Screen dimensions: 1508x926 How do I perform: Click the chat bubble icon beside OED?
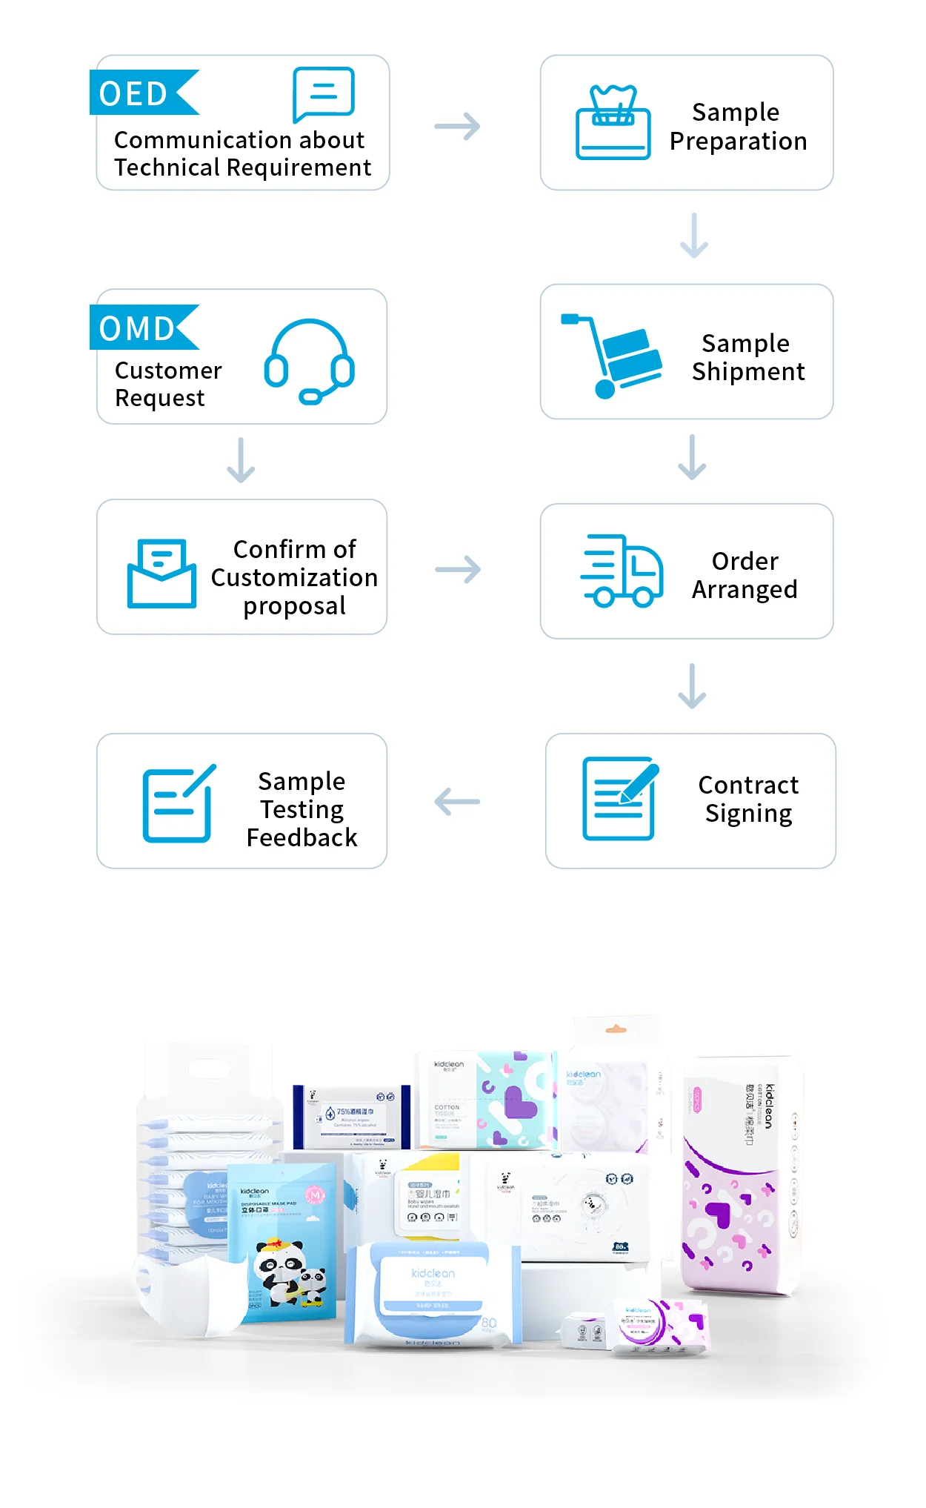click(x=324, y=94)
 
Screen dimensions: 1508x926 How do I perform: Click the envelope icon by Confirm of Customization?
click(x=161, y=574)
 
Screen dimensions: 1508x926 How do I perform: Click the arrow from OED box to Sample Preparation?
click(x=457, y=126)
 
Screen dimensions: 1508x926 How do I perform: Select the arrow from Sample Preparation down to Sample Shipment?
click(x=694, y=236)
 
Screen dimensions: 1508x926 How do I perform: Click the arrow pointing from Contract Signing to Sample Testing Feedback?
click(x=457, y=802)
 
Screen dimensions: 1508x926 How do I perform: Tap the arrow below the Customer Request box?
click(x=241, y=460)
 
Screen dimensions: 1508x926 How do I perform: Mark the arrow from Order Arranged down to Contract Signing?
click(x=692, y=685)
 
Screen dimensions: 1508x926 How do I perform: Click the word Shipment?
click(x=748, y=371)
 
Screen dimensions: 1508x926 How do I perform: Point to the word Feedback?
click(x=302, y=837)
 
